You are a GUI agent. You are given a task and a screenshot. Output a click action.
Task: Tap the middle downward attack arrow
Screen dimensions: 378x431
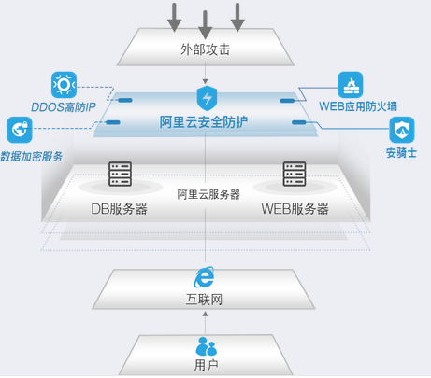pos(206,19)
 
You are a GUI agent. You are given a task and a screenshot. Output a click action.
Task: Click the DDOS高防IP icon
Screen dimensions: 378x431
pos(64,85)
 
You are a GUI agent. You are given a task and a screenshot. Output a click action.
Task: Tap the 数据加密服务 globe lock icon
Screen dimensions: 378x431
pos(19,130)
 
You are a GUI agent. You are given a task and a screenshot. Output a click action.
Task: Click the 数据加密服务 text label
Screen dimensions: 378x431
pos(32,155)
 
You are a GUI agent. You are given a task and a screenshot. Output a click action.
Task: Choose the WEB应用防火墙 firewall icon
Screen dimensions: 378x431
pos(351,85)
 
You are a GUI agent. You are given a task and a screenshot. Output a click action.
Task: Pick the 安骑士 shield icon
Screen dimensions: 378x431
pos(402,130)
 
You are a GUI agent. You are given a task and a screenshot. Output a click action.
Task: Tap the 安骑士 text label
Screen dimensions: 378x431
pos(400,152)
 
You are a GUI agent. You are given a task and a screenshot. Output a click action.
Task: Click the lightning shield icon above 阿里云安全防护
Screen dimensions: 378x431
pos(207,98)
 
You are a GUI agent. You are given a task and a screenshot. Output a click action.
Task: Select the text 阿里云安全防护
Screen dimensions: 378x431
pos(204,122)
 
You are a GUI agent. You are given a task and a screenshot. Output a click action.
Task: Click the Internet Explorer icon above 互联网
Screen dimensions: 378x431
pos(204,276)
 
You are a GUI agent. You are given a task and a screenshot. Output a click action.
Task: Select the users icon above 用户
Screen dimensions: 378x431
pos(205,346)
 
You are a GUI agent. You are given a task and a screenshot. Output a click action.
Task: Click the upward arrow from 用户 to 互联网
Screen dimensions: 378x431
pos(205,321)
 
